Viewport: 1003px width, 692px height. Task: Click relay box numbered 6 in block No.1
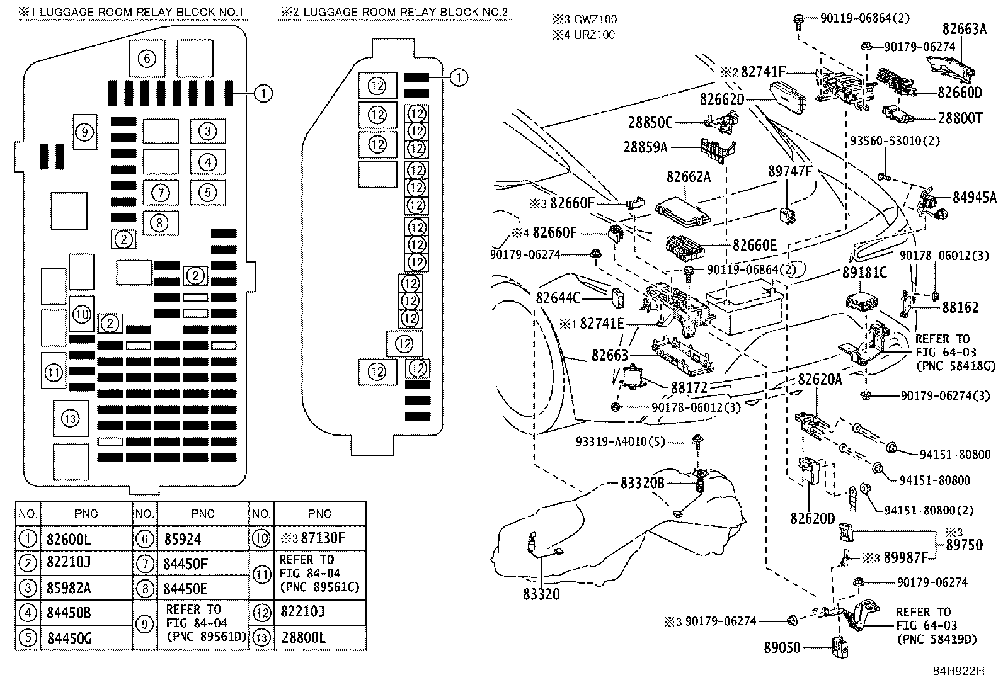click(146, 59)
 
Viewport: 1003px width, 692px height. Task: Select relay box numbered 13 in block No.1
click(71, 418)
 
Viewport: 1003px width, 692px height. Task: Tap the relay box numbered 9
click(86, 132)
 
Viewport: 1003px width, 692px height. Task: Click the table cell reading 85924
click(182, 540)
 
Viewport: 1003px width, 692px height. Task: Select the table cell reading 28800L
click(309, 637)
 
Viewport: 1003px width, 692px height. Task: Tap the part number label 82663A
click(964, 28)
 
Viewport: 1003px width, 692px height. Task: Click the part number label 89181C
click(864, 272)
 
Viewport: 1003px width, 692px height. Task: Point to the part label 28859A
click(645, 147)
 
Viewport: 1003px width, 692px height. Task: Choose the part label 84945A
click(974, 198)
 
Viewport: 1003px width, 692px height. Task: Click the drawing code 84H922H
click(958, 671)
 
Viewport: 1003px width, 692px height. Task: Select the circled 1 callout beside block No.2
click(459, 77)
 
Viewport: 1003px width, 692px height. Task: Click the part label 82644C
click(558, 297)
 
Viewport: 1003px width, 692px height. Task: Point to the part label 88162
click(960, 307)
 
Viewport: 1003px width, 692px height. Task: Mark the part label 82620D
click(813, 518)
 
